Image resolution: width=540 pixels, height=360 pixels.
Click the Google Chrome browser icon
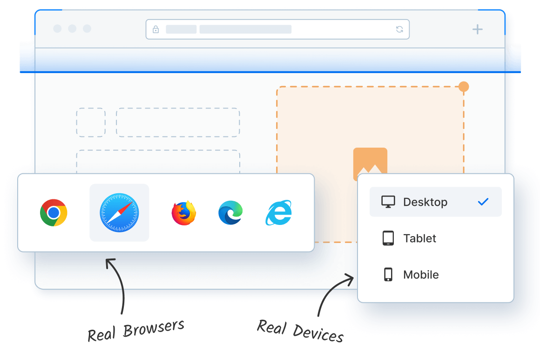point(54,212)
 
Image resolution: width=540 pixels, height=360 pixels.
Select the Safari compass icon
point(119,212)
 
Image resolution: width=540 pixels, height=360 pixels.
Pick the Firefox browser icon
point(184,213)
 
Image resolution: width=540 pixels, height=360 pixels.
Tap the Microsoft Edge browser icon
point(230,213)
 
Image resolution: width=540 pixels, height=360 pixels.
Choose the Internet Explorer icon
point(278,212)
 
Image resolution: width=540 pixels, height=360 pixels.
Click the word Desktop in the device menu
point(425,202)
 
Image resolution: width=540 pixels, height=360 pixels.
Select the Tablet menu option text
point(419,238)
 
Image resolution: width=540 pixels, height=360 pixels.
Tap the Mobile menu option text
point(421,275)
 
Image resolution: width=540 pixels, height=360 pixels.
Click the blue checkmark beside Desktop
point(483,202)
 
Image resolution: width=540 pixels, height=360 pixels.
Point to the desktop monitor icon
point(388,202)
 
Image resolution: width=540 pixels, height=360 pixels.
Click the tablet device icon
point(388,238)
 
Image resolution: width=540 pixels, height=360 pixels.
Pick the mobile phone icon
point(388,275)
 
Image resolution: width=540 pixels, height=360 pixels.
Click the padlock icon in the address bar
point(155,29)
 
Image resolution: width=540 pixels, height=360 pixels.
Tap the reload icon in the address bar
point(399,29)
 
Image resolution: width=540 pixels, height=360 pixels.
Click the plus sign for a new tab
point(477,29)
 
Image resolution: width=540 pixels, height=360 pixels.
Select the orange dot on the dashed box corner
point(464,87)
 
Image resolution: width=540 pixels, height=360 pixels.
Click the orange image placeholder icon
point(370,161)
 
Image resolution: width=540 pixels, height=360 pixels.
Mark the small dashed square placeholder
point(91,122)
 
